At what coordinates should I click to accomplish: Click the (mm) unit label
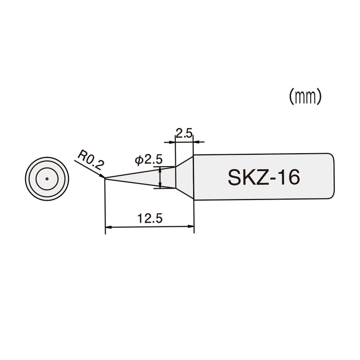tap(305, 97)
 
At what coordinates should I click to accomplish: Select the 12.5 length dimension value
tap(150, 218)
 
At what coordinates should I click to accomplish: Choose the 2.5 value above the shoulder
tap(184, 134)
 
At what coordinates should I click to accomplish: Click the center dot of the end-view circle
tap(46, 178)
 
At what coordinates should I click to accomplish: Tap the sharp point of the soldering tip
tap(105, 178)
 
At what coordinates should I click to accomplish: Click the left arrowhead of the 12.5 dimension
tap(108, 226)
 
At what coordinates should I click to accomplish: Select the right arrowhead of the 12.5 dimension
tap(191, 226)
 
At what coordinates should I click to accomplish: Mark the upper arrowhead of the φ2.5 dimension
tap(161, 169)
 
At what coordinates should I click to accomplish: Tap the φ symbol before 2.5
tap(139, 160)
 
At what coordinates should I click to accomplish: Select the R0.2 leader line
tap(91, 169)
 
